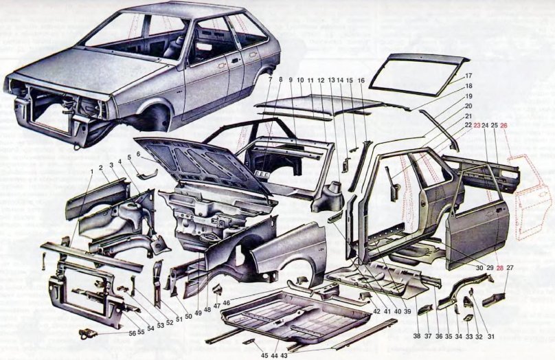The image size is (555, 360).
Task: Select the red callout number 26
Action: [503, 126]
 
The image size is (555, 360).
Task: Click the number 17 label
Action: [468, 76]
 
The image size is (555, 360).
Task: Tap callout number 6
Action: [138, 155]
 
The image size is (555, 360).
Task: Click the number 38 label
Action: [416, 336]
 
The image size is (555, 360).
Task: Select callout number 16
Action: [361, 81]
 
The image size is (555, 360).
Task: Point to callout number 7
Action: [271, 81]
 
